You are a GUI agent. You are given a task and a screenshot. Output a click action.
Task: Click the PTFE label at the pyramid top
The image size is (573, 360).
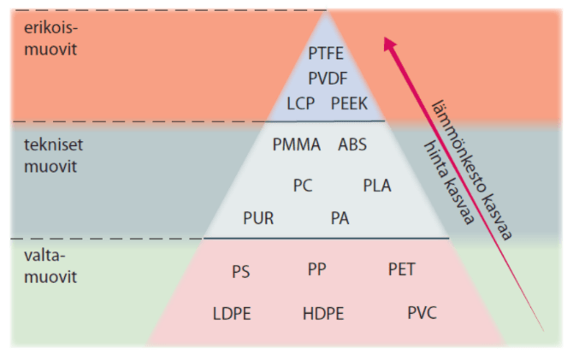point(326,53)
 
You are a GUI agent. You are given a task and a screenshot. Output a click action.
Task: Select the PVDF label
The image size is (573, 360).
point(328,78)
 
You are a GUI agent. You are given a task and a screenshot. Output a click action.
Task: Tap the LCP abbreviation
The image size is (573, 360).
point(302,103)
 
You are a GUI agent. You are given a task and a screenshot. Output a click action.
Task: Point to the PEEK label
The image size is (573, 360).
point(350,103)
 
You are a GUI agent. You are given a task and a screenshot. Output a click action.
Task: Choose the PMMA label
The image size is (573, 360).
point(297,145)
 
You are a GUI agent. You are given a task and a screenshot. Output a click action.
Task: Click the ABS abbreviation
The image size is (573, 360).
point(352,145)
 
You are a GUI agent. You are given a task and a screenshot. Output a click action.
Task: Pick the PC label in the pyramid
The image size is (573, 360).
point(303,186)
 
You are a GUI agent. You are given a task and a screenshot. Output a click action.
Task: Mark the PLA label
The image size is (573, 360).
point(377,186)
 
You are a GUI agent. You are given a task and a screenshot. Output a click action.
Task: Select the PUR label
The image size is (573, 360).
point(258,218)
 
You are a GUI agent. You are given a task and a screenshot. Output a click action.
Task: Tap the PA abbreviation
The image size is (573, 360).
point(340,218)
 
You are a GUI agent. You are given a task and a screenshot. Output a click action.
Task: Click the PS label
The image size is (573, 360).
point(240,272)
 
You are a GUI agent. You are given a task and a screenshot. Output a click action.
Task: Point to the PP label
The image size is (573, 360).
point(316,269)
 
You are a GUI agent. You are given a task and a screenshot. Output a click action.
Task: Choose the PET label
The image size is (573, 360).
point(401,270)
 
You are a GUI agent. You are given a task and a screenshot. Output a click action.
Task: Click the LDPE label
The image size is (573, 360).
point(232,314)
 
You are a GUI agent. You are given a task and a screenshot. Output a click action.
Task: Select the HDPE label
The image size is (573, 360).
point(323,314)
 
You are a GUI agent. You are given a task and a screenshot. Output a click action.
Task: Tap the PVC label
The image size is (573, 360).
point(422,313)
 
